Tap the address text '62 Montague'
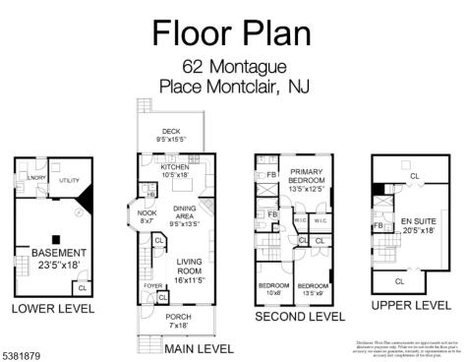click(x=232, y=68)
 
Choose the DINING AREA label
click(x=184, y=215)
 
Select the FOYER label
click(x=151, y=286)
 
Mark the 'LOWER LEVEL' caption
click(x=52, y=309)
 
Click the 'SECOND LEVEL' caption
click(x=300, y=317)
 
